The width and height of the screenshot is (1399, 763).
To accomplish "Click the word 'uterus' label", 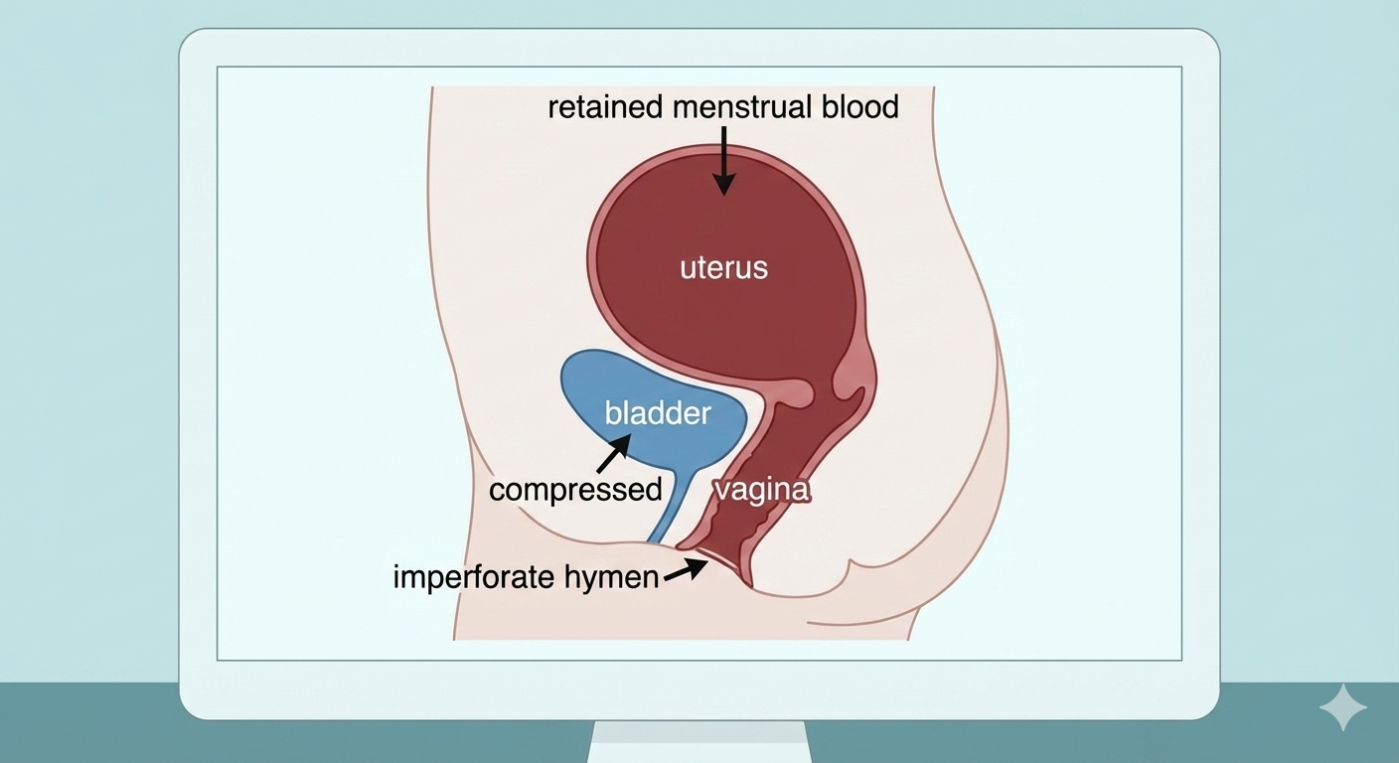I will click(x=723, y=267).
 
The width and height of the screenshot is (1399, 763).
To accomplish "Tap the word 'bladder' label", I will click(x=658, y=412).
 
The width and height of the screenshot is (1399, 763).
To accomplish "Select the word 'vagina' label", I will click(x=762, y=490).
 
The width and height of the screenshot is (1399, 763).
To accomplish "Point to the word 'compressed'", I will click(x=575, y=489).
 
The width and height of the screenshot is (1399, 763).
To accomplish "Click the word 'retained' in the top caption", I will click(x=605, y=106).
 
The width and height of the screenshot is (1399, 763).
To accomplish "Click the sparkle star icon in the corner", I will click(x=1342, y=706).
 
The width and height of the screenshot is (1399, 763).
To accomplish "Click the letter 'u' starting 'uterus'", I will click(x=687, y=268).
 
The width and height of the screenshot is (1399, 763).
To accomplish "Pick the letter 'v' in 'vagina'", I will click(x=722, y=491).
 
